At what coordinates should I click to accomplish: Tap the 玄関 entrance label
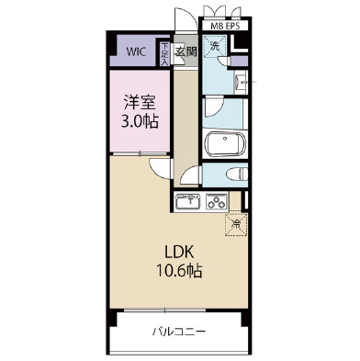[186, 51]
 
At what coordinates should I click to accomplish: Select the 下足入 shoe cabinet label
[164, 51]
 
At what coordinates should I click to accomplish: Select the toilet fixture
[232, 175]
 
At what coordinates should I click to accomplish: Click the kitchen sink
[188, 201]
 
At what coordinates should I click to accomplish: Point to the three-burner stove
[217, 201]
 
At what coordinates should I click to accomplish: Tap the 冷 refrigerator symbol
[236, 221]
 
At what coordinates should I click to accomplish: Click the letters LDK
[177, 251]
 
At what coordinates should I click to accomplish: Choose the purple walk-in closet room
[134, 51]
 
